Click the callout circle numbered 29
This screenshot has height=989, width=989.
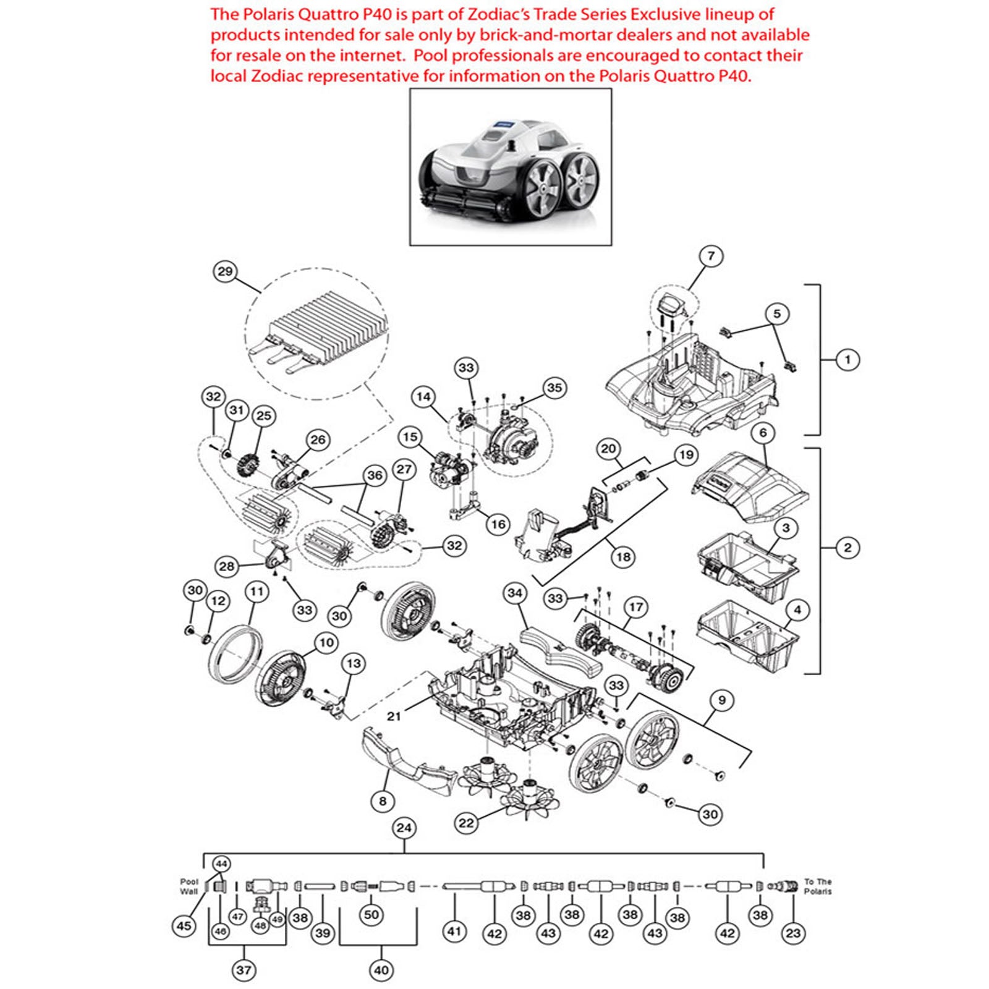click(226, 271)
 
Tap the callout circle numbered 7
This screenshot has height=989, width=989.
click(711, 256)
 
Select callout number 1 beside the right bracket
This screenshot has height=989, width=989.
click(847, 359)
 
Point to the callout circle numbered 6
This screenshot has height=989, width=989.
click(763, 433)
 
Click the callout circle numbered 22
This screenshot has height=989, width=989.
click(466, 823)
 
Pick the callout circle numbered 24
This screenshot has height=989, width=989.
click(404, 828)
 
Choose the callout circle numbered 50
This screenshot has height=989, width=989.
click(371, 915)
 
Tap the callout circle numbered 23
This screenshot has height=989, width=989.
click(793, 933)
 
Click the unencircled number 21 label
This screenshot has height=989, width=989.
click(394, 716)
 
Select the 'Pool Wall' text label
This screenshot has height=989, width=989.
click(189, 886)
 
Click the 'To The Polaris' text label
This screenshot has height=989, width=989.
click(818, 886)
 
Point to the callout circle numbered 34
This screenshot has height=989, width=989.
click(515, 593)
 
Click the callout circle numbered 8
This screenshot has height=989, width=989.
click(383, 801)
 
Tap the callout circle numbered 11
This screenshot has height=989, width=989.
click(257, 592)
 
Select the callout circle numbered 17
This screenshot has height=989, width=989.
click(636, 607)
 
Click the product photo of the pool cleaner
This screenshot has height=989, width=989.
click(511, 167)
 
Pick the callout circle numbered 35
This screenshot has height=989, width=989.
click(554, 388)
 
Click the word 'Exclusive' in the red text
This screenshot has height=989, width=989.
click(674, 14)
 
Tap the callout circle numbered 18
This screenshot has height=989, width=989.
click(623, 557)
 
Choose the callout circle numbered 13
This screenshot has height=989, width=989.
click(354, 664)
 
